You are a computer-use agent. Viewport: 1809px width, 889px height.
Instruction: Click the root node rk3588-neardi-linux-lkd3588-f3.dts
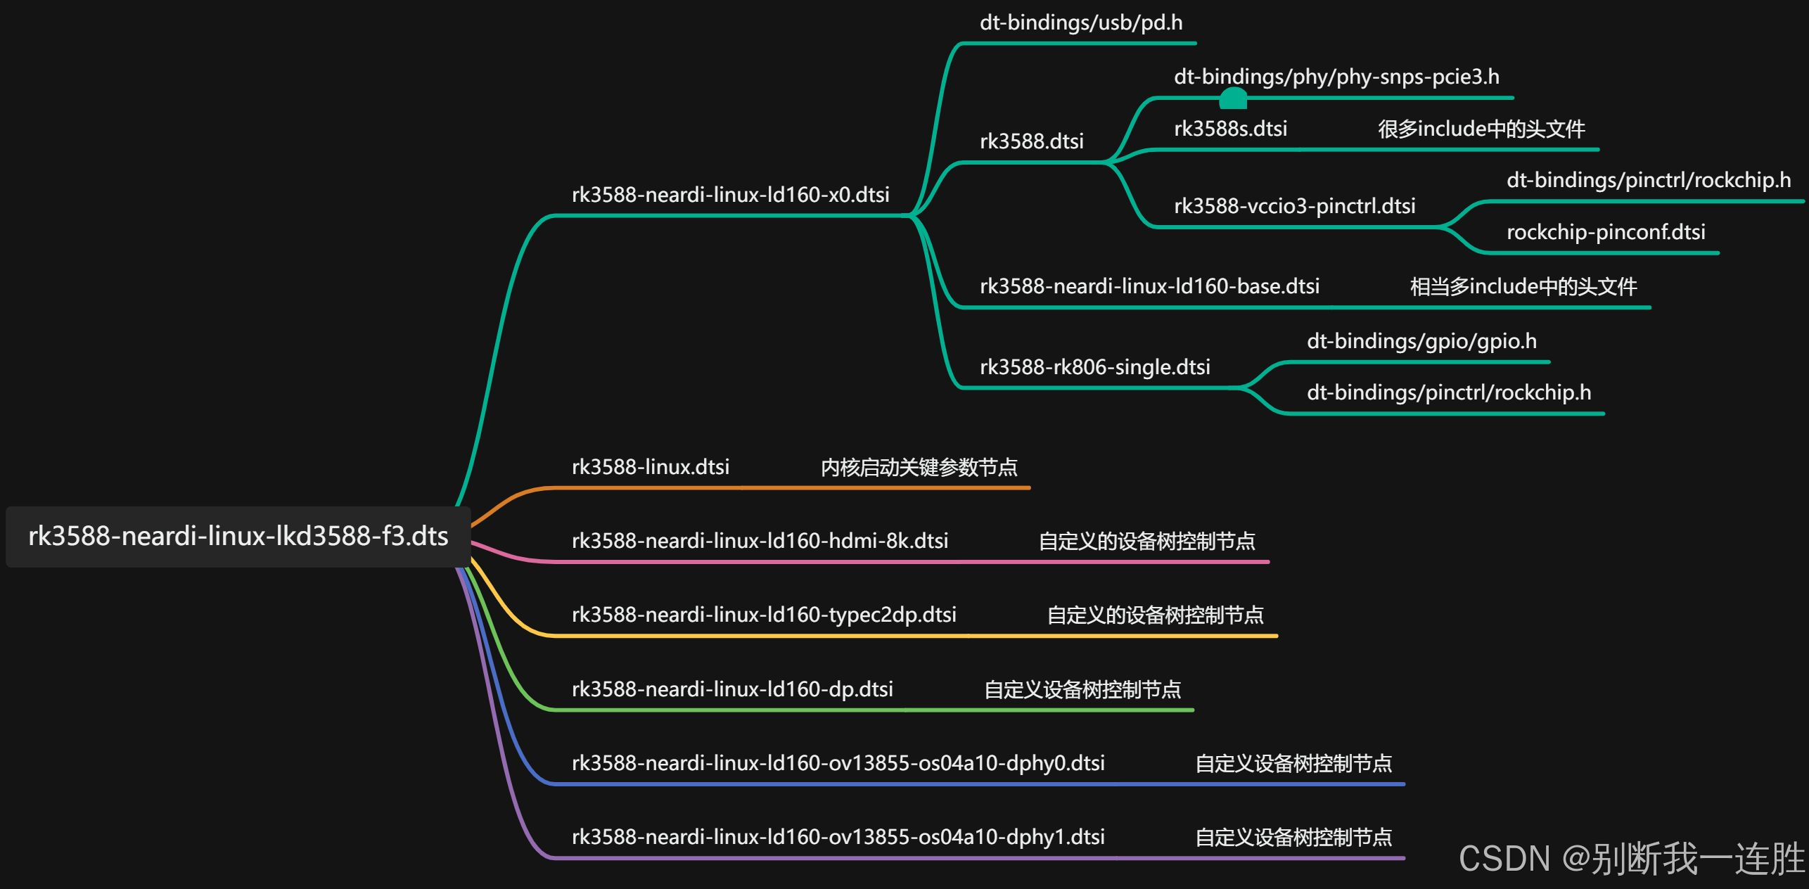[238, 537]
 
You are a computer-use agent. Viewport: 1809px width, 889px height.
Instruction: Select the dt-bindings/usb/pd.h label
[1080, 23]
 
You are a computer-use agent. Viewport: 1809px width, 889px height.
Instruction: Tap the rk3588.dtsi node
[1031, 141]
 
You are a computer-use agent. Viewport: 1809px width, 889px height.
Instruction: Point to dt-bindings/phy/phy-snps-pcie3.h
[1336, 77]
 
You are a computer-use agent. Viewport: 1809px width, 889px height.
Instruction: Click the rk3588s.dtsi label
[1230, 129]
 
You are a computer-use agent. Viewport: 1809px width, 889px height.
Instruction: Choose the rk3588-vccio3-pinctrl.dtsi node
[1294, 206]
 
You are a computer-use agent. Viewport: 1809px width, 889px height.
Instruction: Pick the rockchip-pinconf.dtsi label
[1606, 232]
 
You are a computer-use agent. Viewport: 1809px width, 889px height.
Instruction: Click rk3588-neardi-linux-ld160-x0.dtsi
[730, 195]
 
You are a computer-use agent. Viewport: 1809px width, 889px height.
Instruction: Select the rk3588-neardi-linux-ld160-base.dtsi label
[1149, 286]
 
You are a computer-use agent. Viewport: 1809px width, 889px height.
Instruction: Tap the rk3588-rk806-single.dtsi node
[1094, 367]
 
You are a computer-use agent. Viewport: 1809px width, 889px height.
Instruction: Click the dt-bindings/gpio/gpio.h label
[1421, 342]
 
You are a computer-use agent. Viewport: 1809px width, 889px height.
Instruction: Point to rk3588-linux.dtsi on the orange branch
[650, 467]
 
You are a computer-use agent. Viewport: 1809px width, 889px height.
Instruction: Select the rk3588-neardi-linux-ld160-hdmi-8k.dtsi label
[760, 541]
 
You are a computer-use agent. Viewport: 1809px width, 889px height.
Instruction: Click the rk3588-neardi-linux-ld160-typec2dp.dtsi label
[764, 615]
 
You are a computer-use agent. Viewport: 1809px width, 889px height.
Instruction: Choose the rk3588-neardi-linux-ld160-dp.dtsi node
[732, 689]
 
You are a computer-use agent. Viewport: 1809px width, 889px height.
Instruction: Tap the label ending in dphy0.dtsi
[838, 763]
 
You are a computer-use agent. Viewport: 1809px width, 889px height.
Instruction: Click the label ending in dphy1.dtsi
[838, 837]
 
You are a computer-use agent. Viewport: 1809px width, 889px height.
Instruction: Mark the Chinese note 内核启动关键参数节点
[919, 468]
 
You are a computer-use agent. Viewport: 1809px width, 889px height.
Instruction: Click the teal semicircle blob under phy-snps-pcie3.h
[1232, 100]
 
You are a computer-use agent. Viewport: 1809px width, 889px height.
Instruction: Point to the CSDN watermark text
[1632, 859]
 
